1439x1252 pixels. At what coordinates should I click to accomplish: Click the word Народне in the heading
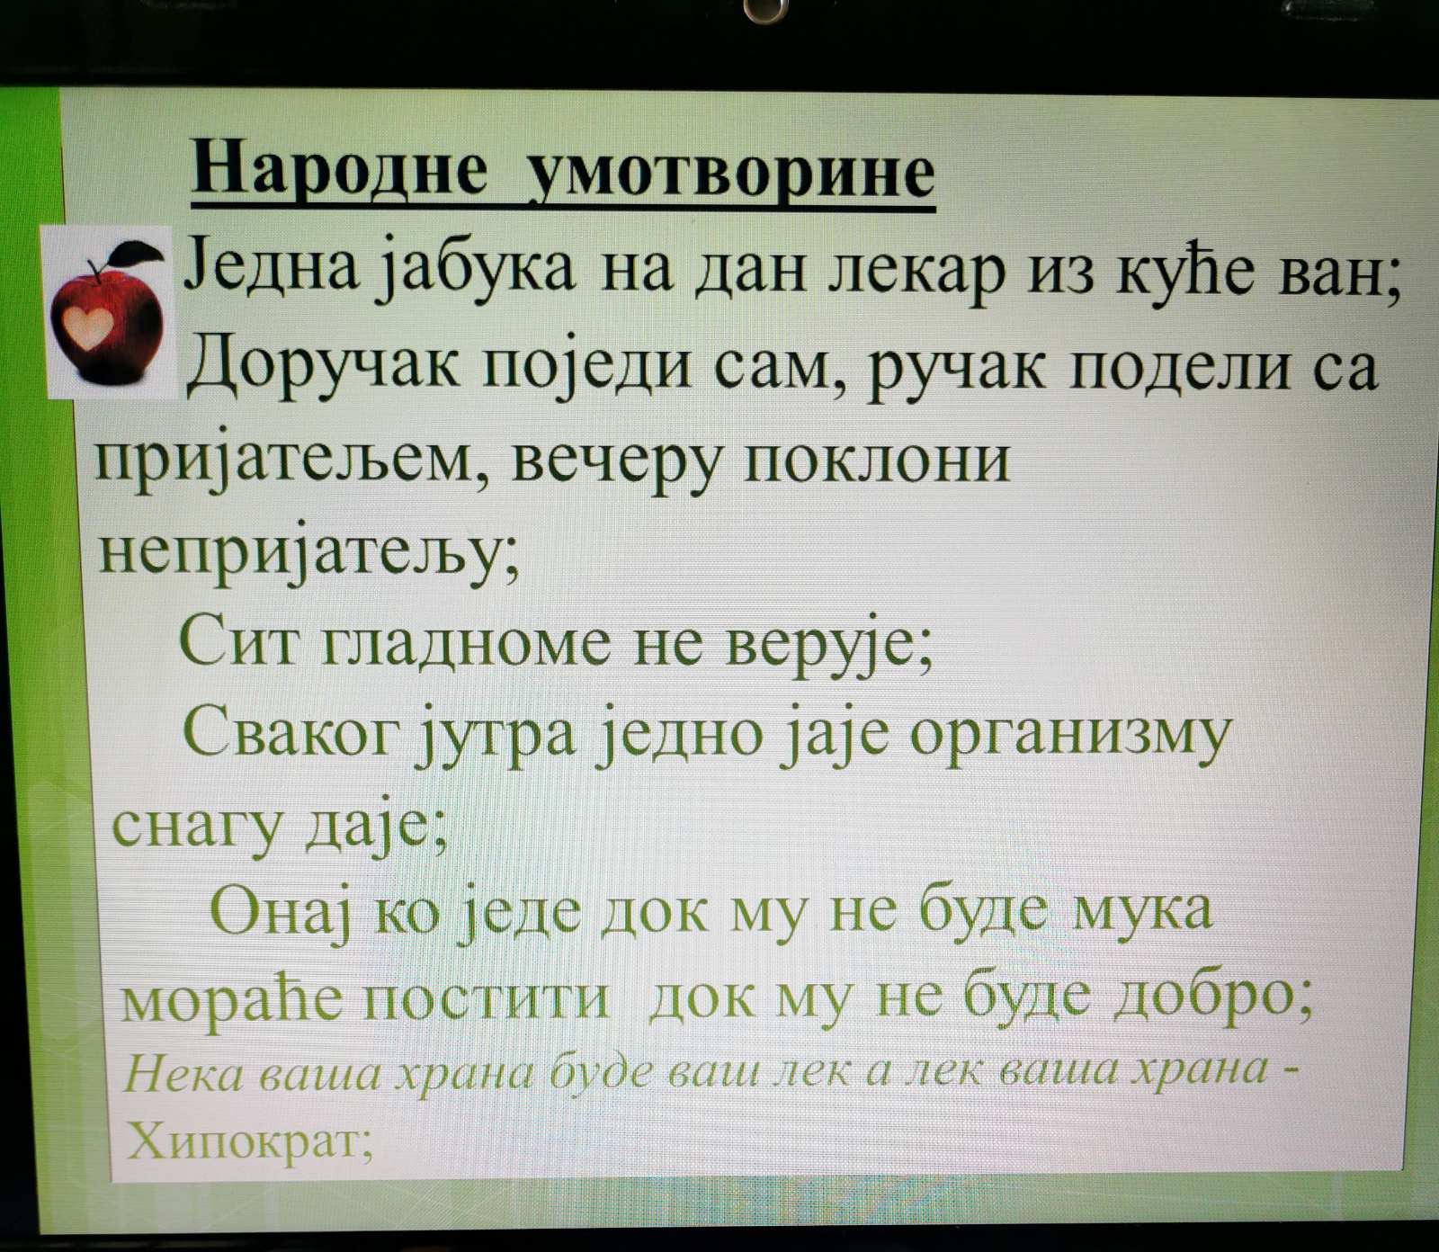(x=340, y=169)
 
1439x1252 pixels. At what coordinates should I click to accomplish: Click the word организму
(x=1068, y=736)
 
